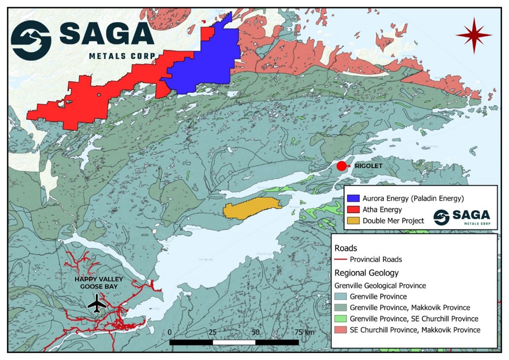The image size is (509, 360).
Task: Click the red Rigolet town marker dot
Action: (341, 166)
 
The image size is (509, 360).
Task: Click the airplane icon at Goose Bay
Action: (97, 304)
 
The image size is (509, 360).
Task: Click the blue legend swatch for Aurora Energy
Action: (354, 198)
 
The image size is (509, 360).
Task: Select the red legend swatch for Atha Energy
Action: (354, 209)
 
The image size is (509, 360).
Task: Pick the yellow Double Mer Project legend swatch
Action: (354, 221)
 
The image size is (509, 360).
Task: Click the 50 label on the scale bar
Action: (255, 332)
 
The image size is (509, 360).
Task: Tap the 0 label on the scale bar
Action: (170, 332)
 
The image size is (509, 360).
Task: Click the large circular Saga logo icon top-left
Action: (31, 40)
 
